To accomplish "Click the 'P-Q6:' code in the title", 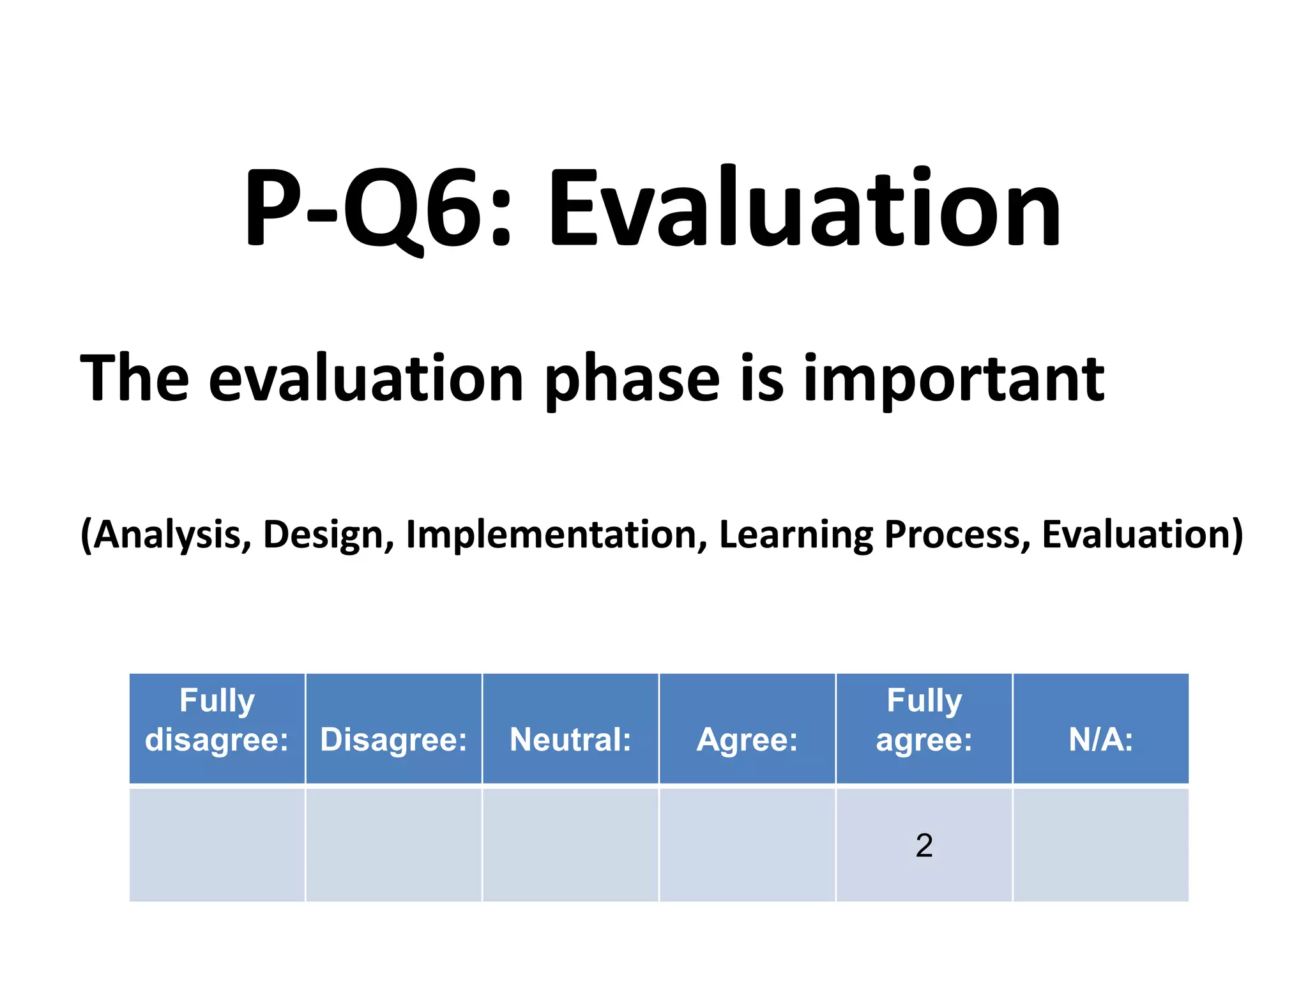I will click(377, 208).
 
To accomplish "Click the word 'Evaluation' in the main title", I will click(803, 208).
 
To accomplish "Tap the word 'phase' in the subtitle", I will click(632, 380).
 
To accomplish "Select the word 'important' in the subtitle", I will click(954, 380).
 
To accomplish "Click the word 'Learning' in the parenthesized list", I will click(795, 535).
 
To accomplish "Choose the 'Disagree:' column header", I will click(393, 740).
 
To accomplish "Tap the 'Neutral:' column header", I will click(570, 740).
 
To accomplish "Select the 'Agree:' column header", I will click(747, 740).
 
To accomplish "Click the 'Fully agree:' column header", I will click(924, 720).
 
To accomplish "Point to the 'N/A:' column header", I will click(1101, 740).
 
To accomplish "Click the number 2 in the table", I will click(924, 846).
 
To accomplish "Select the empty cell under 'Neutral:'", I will click(570, 845).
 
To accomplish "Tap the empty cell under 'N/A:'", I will click(1101, 845).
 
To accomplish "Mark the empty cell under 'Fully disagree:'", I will click(217, 845).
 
